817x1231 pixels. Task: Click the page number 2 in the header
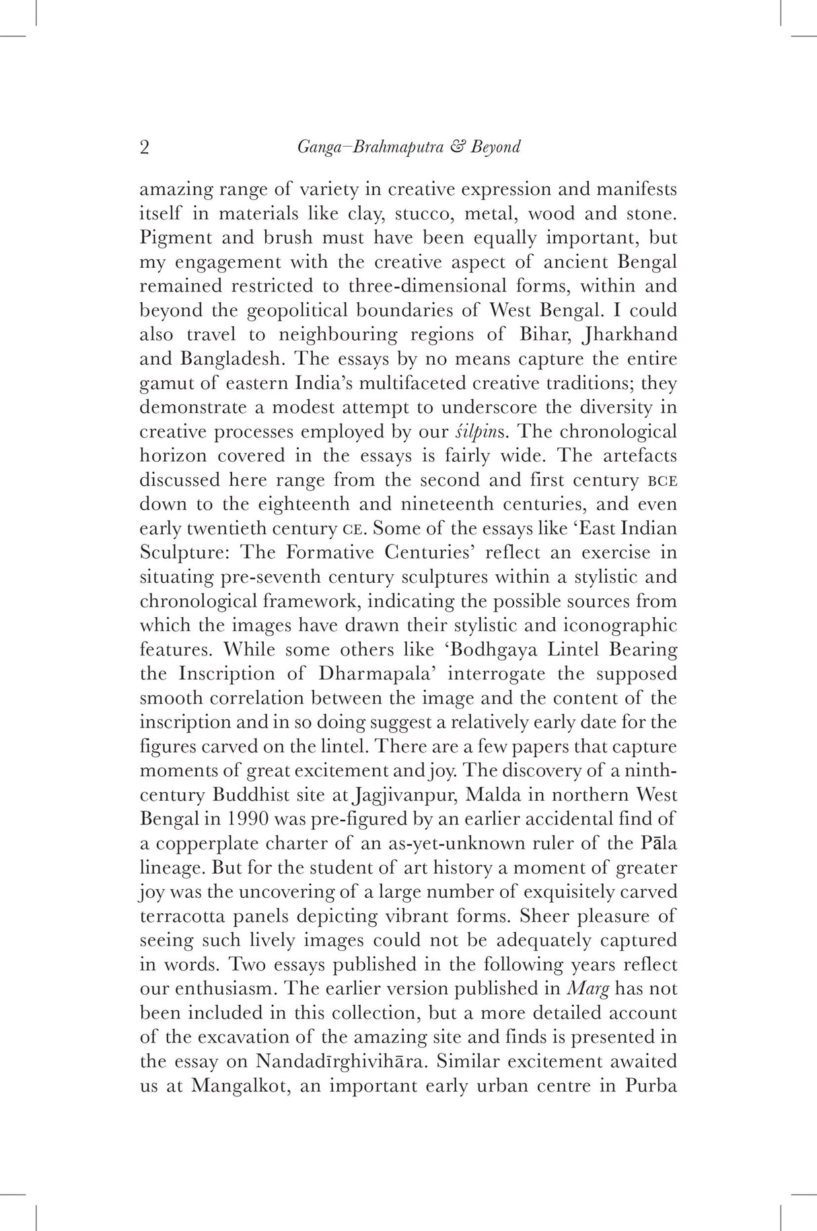click(x=145, y=148)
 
